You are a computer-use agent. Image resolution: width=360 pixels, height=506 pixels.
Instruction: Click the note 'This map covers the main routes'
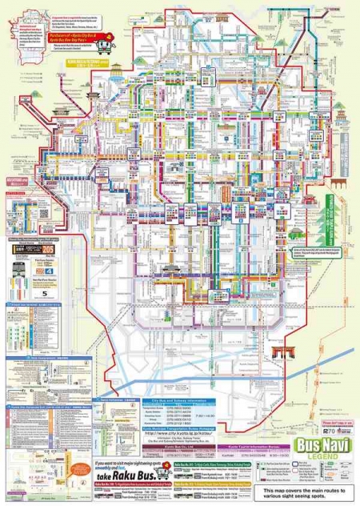[x=313, y=489]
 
